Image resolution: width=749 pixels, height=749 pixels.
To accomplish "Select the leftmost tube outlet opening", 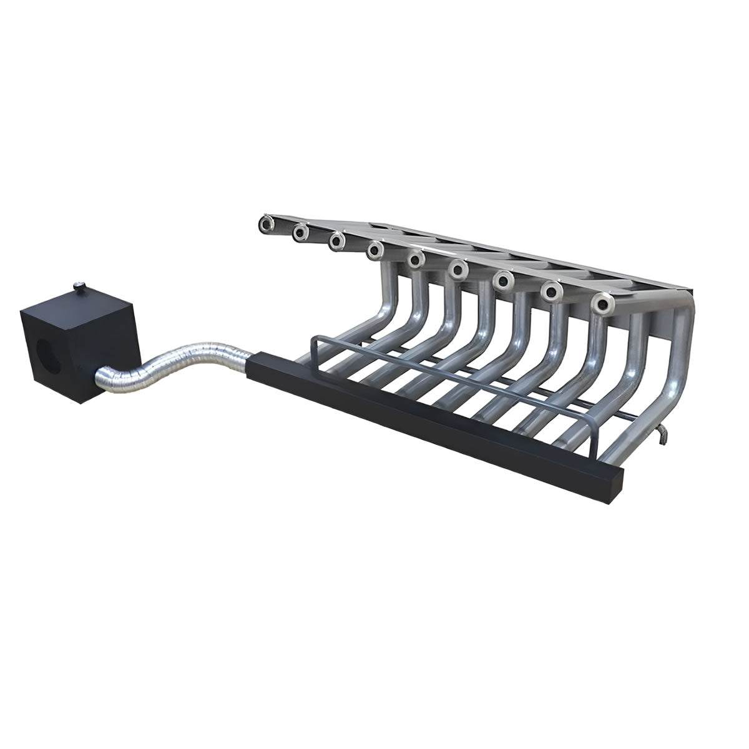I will click(x=267, y=222).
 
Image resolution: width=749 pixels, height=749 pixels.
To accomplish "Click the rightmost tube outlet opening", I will click(x=603, y=304).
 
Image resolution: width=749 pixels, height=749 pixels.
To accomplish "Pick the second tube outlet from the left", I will click(x=300, y=232).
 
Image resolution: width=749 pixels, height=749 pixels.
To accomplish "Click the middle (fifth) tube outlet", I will click(x=416, y=258).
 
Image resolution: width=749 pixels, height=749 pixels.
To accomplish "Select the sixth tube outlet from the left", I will click(x=458, y=269).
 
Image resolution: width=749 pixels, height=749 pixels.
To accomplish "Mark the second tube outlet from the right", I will click(x=551, y=290).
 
